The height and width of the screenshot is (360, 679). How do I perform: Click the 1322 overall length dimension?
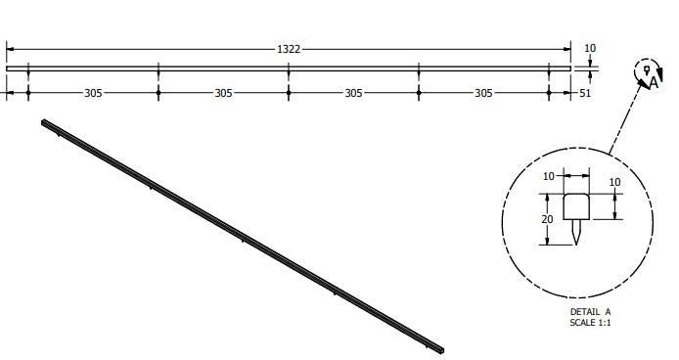(289, 49)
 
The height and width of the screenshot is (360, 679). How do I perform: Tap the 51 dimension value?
(585, 93)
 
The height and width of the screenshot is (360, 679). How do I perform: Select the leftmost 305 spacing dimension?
(93, 93)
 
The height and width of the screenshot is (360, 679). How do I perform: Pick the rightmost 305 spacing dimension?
(483, 93)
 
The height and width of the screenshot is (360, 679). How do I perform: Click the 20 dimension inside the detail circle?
(547, 219)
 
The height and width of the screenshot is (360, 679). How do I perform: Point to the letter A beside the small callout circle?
(654, 82)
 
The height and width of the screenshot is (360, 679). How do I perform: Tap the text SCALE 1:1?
(590, 322)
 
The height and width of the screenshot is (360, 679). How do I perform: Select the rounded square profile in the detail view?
(576, 206)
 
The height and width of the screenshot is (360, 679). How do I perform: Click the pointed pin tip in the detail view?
(576, 245)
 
